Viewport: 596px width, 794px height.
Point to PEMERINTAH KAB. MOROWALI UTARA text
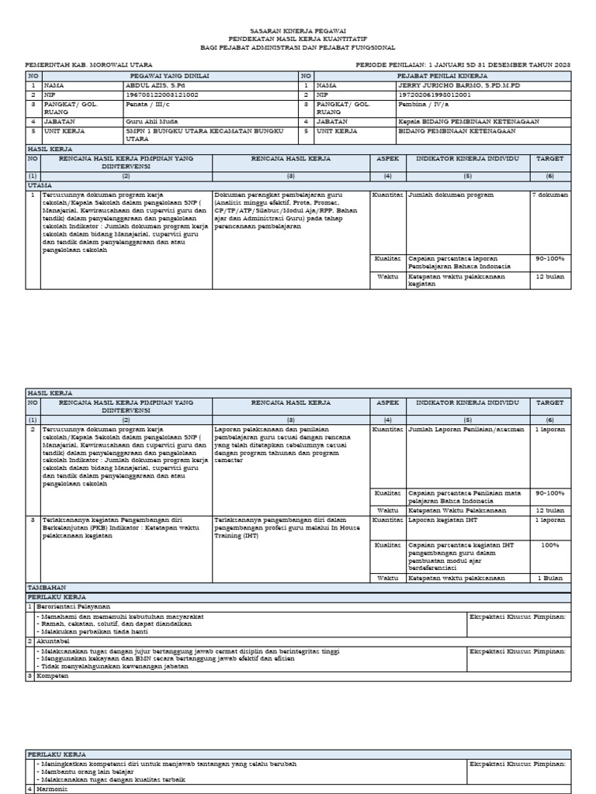pos(89,64)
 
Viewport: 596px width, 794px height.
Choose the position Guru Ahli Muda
pos(152,122)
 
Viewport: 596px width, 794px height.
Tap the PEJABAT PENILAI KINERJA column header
pos(442,75)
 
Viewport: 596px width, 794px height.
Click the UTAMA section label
pos(40,186)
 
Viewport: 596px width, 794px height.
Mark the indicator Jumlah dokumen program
pos(450,195)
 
